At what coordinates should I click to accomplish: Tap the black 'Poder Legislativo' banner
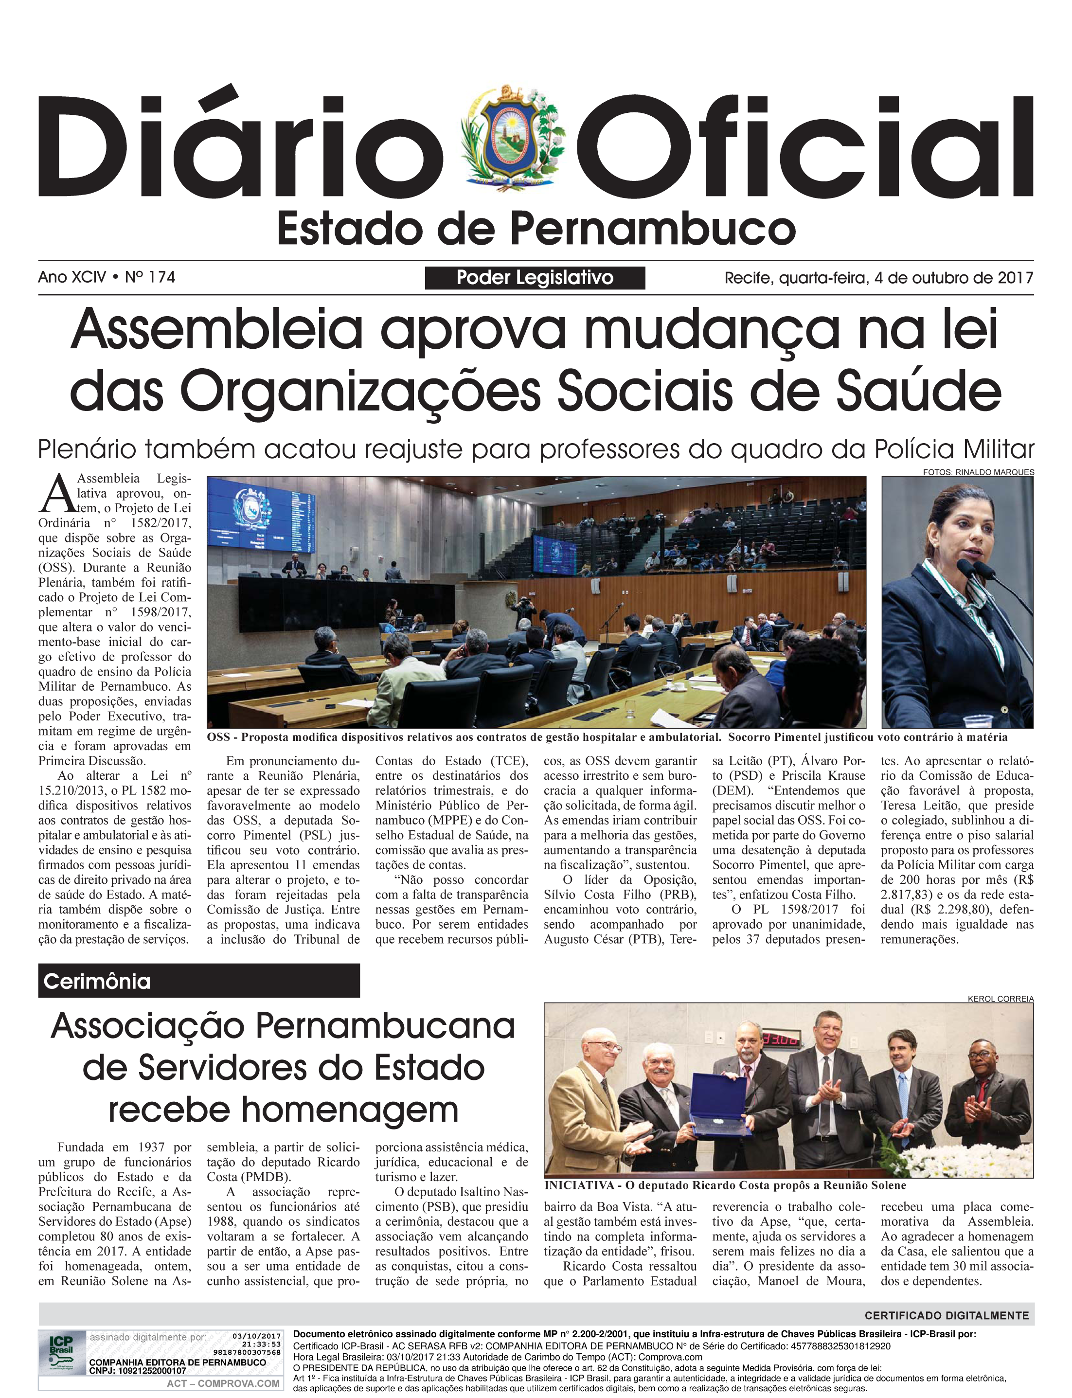pyautogui.click(x=535, y=278)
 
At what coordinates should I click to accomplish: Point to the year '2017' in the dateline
pyautogui.click(x=1015, y=278)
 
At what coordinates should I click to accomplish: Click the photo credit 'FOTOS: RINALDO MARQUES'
pyautogui.click(x=978, y=472)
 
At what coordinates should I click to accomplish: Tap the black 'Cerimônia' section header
pyautogui.click(x=198, y=981)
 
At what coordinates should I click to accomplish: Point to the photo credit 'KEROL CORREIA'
pyautogui.click(x=1000, y=999)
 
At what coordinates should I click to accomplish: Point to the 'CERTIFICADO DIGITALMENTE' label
pyautogui.click(x=947, y=1316)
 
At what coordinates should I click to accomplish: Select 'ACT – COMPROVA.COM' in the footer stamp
pyautogui.click(x=223, y=1383)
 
